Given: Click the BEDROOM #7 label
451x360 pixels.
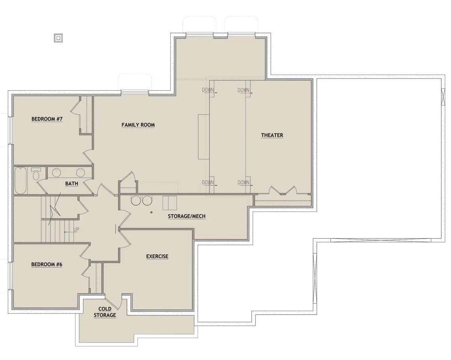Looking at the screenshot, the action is [x=47, y=119].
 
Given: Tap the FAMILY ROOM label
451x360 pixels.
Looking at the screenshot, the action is [x=138, y=125].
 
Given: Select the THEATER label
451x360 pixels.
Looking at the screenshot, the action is [x=272, y=135].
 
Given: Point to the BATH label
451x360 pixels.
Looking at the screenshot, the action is [x=72, y=183].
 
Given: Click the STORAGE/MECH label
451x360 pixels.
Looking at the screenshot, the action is [x=186, y=216].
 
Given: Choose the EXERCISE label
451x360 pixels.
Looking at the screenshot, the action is [x=157, y=257].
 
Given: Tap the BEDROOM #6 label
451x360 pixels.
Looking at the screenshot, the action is [x=47, y=265].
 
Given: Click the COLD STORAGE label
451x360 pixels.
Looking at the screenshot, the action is [x=105, y=312].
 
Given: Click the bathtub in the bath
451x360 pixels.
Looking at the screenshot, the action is [x=20, y=180].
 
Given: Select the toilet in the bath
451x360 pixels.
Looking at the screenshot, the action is [x=36, y=174].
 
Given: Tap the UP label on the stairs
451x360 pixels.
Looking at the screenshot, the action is [x=76, y=230].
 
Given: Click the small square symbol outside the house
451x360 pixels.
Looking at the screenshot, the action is [x=59, y=38].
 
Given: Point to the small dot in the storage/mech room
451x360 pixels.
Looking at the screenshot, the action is [x=151, y=212].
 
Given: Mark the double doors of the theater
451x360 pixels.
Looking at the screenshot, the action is [x=283, y=190].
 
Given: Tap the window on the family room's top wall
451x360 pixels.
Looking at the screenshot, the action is [x=135, y=92].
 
